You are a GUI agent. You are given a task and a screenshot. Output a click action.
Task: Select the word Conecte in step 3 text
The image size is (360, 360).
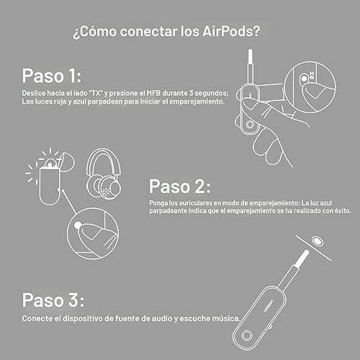(x=35, y=318)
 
